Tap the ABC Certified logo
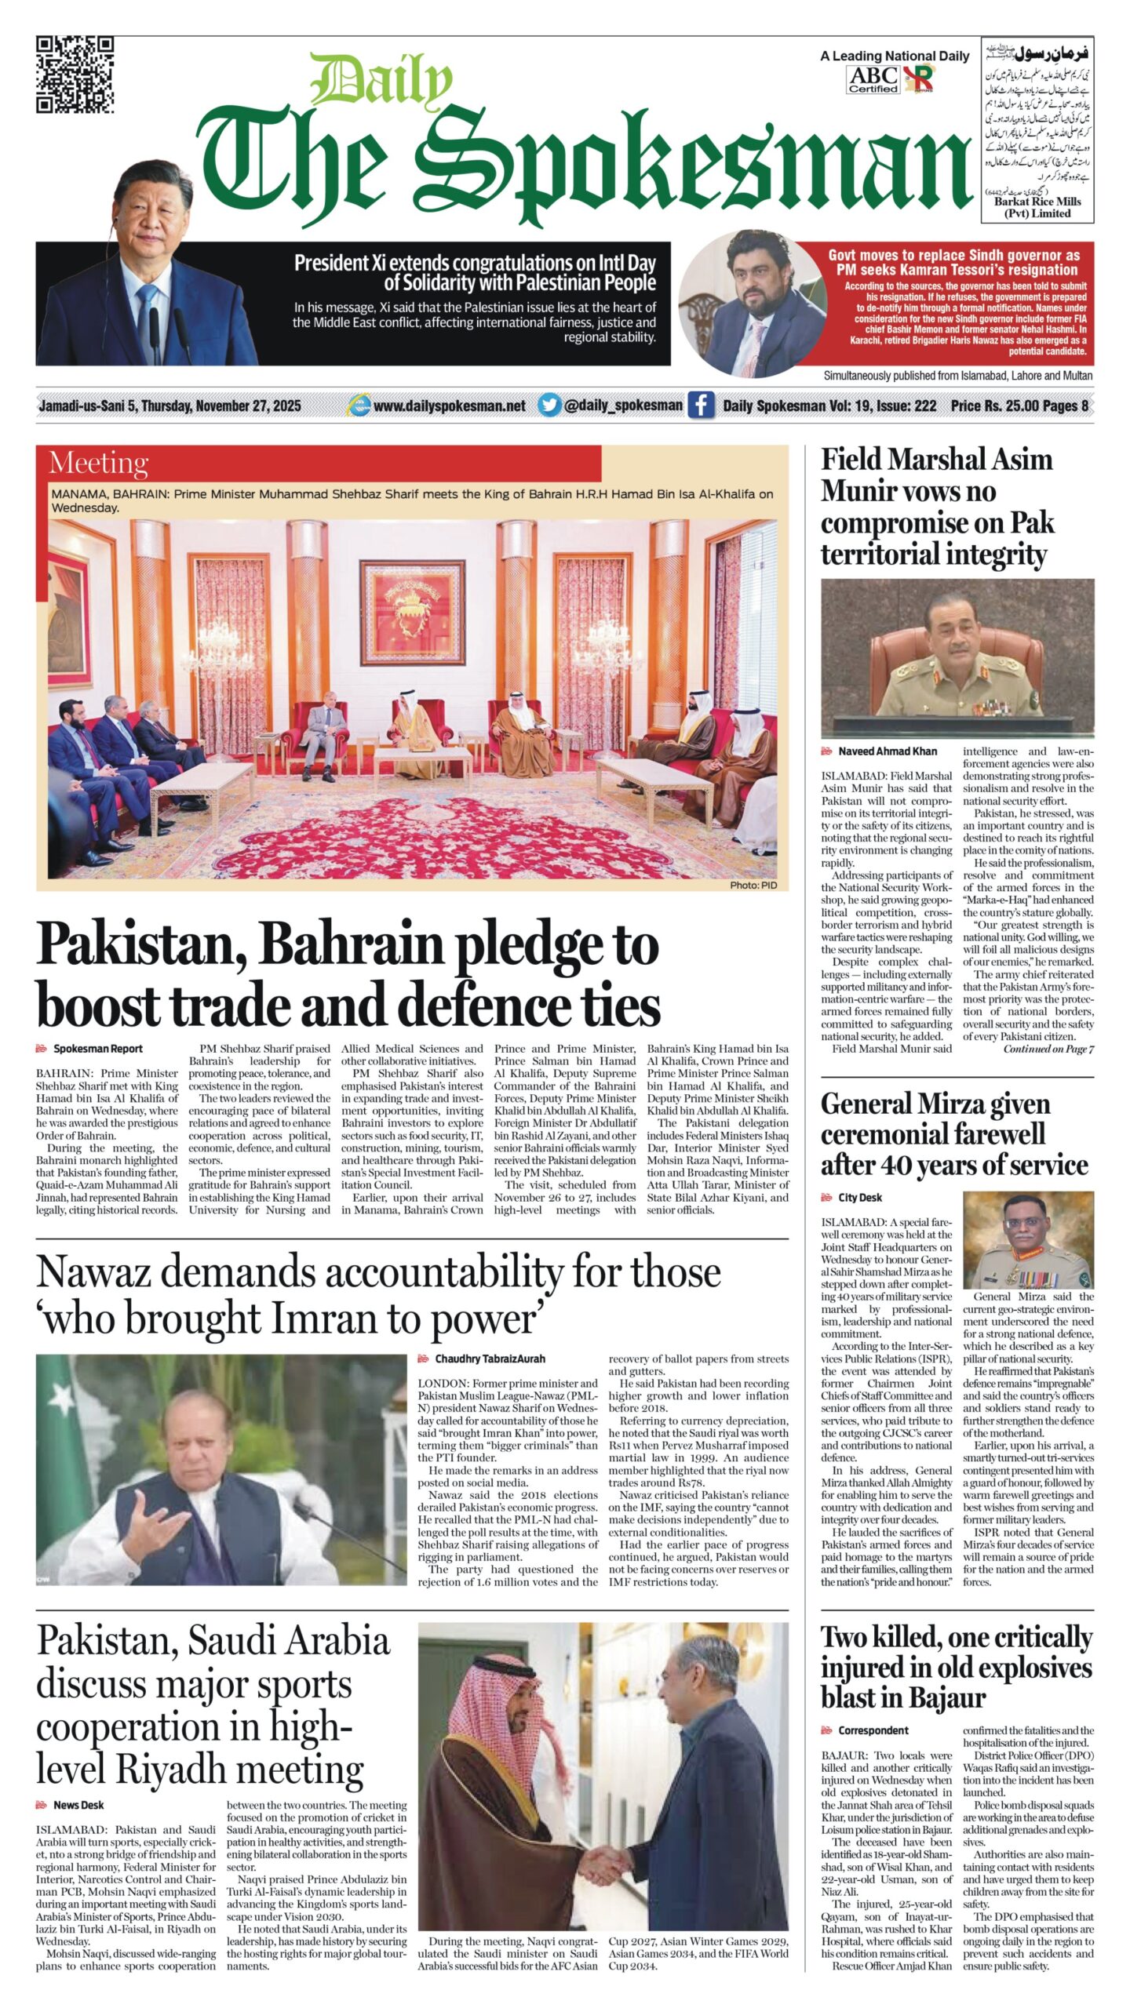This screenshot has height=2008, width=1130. tap(873, 79)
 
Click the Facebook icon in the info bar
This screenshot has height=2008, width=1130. tap(700, 406)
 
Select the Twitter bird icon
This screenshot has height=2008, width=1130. tap(549, 406)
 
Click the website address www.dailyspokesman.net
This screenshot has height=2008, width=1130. tap(449, 406)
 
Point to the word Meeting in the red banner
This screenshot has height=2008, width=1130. tap(98, 464)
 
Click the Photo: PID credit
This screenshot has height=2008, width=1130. tap(753, 885)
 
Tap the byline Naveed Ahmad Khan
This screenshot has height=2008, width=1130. tap(887, 751)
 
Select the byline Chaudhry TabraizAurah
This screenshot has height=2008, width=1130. tap(490, 1359)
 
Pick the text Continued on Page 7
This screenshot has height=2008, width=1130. tap(1048, 1049)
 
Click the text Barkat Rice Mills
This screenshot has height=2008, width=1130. tap(1037, 202)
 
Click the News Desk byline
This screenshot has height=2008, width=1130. tap(78, 1805)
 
